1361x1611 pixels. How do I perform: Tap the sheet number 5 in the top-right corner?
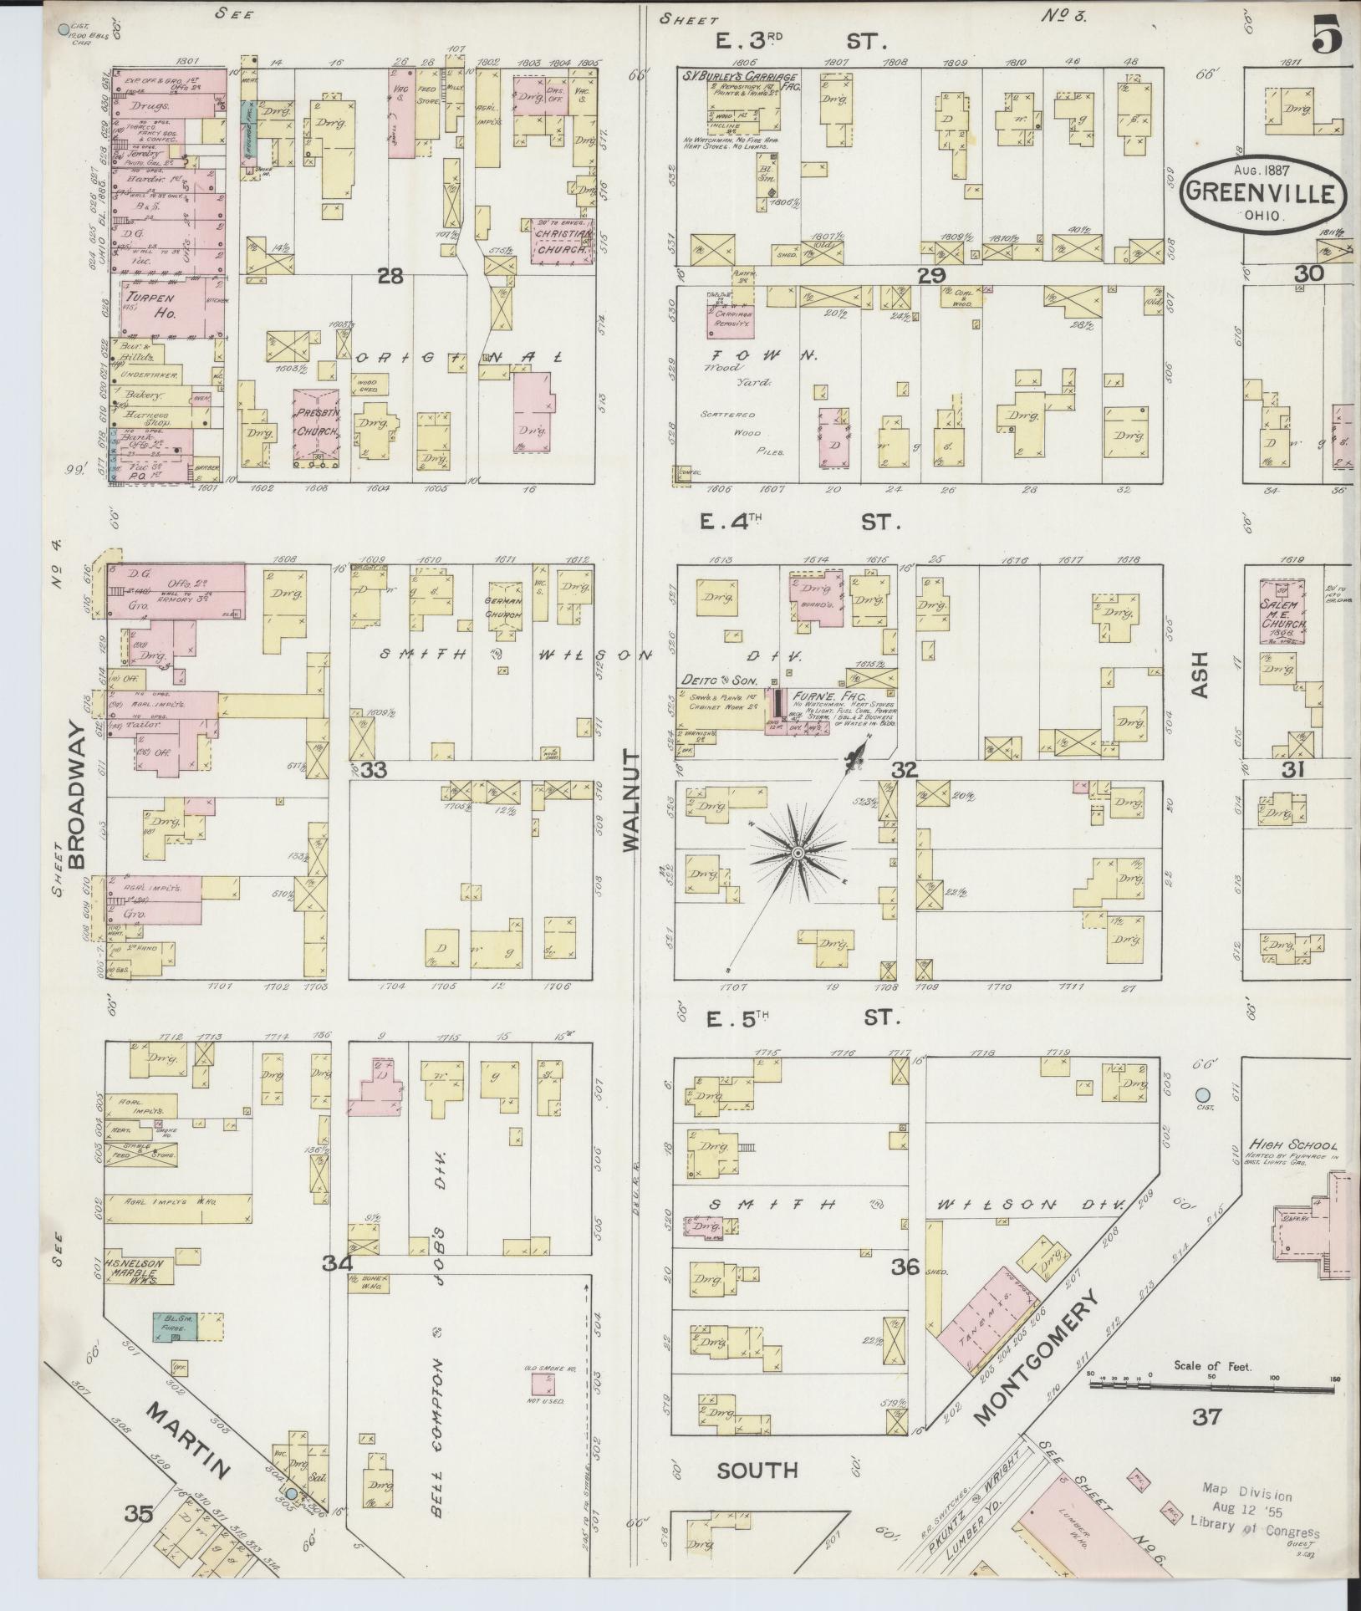tap(1327, 36)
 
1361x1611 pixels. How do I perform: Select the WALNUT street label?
tap(630, 800)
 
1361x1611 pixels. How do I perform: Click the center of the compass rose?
tap(798, 852)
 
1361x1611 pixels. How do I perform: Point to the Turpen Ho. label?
tap(147, 303)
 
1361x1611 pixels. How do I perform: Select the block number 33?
tap(374, 769)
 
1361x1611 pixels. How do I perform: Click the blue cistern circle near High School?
tap(1202, 1094)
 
